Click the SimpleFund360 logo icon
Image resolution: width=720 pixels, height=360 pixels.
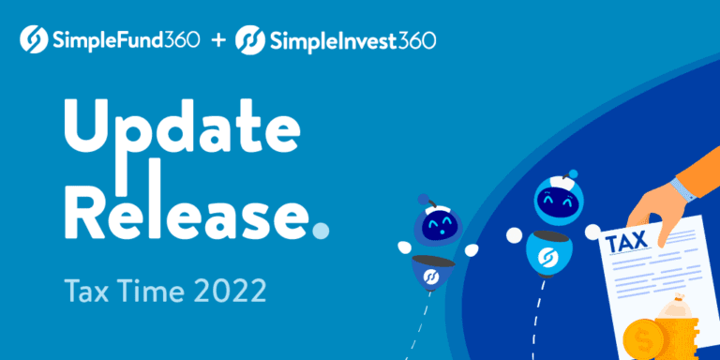click(34, 41)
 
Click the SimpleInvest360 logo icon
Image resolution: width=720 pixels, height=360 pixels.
click(250, 41)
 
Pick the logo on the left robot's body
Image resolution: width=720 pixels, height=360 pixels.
click(432, 278)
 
